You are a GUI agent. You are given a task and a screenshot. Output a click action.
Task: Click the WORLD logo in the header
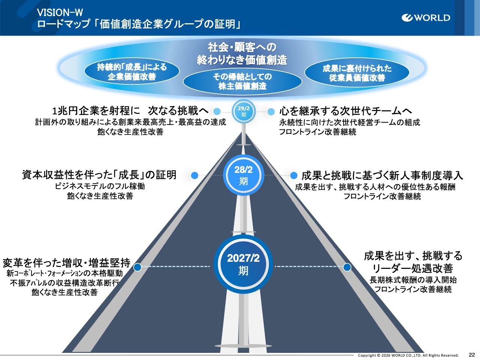[x=426, y=18]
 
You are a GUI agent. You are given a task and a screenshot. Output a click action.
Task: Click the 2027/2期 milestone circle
[x=243, y=264]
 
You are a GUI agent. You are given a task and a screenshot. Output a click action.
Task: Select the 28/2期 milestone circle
[x=243, y=175]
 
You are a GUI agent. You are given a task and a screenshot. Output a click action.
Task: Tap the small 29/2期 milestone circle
[x=244, y=111]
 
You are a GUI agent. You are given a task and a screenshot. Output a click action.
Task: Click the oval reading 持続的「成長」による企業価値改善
[x=132, y=72]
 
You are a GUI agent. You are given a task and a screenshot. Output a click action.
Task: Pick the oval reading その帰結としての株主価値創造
[x=242, y=81]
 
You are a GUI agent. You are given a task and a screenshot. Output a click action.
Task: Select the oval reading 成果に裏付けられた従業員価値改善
[x=357, y=73]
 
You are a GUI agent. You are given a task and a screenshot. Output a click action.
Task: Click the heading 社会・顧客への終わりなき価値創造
[x=242, y=53]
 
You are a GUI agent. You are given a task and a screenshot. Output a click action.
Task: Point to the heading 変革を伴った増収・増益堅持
[x=66, y=262]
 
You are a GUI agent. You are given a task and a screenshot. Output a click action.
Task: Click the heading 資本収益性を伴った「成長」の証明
[x=99, y=175]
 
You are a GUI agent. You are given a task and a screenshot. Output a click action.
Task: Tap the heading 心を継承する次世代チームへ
[x=345, y=111]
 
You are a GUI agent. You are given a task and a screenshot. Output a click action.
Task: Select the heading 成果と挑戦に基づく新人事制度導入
[x=382, y=175]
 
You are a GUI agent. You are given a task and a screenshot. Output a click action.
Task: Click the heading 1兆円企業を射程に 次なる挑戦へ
[x=130, y=111]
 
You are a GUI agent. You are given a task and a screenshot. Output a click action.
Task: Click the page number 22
[x=472, y=355]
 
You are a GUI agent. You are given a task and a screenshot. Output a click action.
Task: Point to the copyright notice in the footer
[x=408, y=355]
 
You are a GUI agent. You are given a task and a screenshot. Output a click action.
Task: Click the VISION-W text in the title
[x=60, y=13]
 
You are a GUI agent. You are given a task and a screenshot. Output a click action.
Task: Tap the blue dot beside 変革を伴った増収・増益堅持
[x=138, y=267]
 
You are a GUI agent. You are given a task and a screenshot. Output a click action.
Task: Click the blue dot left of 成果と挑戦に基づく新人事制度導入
[x=294, y=175]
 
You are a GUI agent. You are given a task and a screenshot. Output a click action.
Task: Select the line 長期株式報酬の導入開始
[x=413, y=280]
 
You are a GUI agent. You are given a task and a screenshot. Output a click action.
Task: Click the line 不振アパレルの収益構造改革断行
[x=64, y=283]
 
